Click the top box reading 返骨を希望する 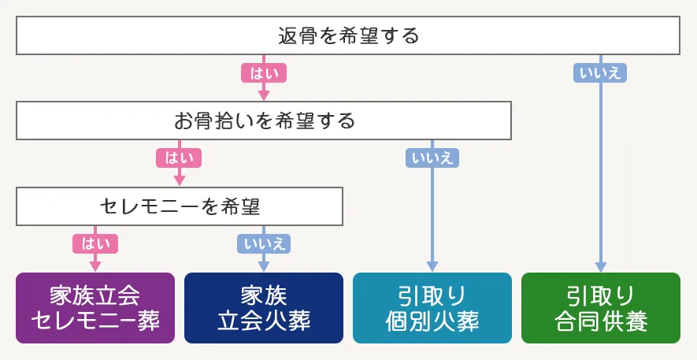coord(348,36)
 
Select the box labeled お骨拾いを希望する coord(265,121)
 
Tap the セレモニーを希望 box coord(180,206)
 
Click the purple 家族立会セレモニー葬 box coord(95,308)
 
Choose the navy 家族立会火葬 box coord(264,308)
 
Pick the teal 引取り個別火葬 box coord(432,308)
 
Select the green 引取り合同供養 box coord(600,308)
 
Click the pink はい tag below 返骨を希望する coord(264,72)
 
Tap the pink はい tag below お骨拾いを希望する coord(180,158)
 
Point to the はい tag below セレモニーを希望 coord(95,243)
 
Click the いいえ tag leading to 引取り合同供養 coord(601,72)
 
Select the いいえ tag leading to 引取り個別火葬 coord(432,158)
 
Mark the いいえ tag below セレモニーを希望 coord(264,243)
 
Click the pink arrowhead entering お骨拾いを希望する coord(264,96)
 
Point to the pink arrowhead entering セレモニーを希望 coord(180,181)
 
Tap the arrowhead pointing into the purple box coord(95,265)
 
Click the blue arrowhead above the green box coord(601,265)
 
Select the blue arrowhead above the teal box coord(432,265)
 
